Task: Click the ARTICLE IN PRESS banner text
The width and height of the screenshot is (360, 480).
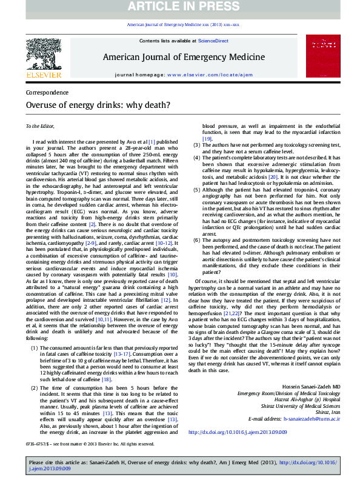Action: [x=179, y=7]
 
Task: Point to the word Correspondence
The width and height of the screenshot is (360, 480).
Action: [x=47, y=92]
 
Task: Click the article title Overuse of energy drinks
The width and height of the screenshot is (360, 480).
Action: [x=98, y=104]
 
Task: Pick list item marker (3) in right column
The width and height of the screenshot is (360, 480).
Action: [x=197, y=145]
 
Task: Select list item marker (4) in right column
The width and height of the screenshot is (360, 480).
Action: [x=197, y=158]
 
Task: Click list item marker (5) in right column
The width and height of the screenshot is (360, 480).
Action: [x=197, y=190]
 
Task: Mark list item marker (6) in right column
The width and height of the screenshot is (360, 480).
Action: [x=197, y=240]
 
